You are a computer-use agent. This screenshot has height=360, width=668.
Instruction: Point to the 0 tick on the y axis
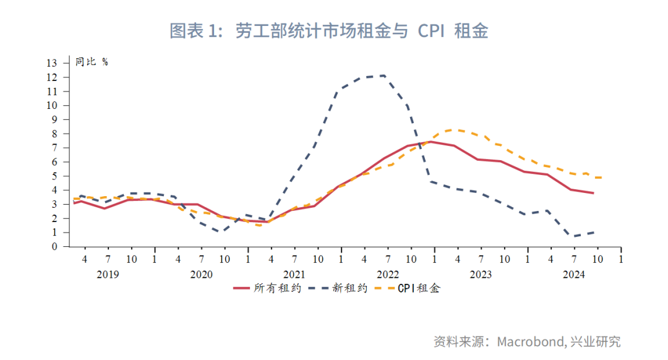[54, 247]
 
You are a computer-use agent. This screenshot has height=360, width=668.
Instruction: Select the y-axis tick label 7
[54, 148]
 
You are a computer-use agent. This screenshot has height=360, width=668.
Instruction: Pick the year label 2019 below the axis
[108, 274]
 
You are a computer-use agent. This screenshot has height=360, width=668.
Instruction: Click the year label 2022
[388, 274]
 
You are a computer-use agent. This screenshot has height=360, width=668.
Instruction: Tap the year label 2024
[574, 274]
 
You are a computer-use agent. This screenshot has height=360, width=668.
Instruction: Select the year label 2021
[294, 274]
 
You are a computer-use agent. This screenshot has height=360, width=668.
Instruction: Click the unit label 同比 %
[92, 62]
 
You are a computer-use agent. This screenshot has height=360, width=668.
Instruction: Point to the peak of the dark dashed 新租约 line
[385, 75]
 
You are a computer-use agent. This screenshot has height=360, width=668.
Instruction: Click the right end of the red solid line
[594, 193]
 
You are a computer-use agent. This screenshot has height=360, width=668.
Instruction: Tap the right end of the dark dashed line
[595, 232]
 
